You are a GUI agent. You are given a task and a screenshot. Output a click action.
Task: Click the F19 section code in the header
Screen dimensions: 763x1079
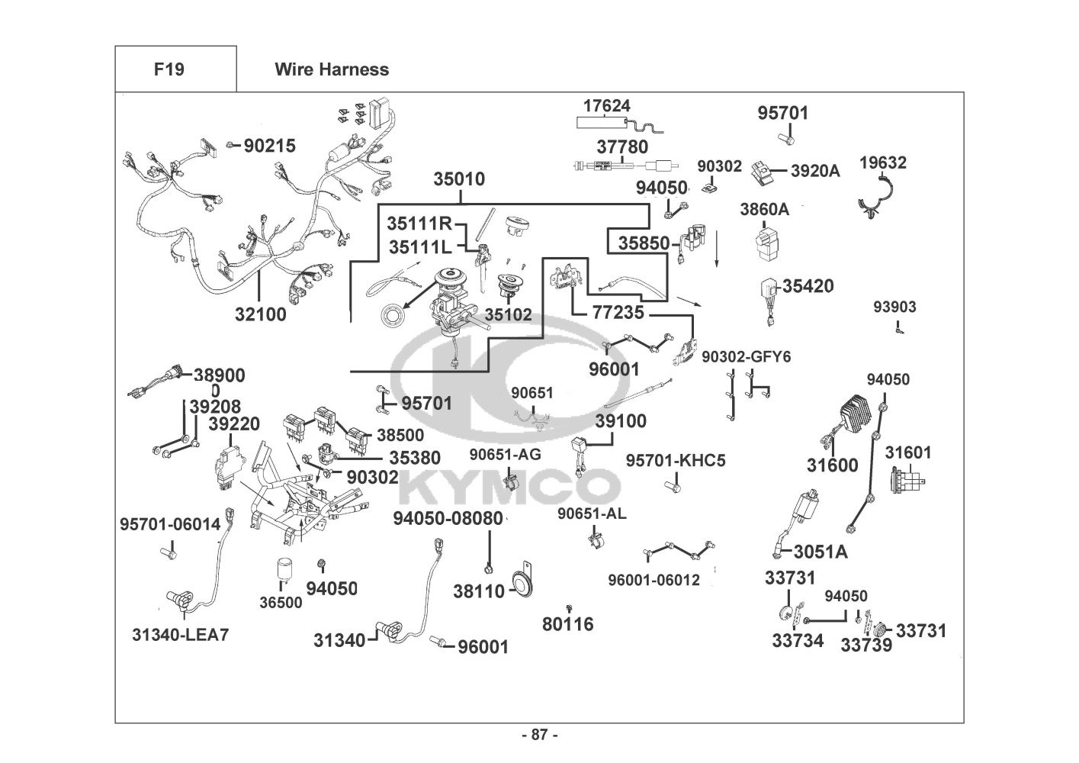tap(169, 69)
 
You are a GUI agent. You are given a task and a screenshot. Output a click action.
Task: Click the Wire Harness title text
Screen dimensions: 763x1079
tap(332, 69)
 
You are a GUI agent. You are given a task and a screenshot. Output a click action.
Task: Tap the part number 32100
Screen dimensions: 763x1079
tap(261, 314)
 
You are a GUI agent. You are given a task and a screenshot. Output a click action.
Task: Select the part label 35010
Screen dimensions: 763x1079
tap(459, 179)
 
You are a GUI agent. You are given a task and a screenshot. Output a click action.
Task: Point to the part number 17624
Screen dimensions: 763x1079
tap(607, 105)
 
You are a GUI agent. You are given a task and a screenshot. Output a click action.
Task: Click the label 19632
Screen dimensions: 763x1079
tap(883, 163)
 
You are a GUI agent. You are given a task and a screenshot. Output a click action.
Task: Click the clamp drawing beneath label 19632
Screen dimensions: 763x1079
tap(881, 199)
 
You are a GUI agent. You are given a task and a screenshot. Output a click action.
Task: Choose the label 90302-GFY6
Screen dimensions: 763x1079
tap(747, 356)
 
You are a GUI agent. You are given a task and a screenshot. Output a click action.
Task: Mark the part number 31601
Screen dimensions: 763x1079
tap(908, 452)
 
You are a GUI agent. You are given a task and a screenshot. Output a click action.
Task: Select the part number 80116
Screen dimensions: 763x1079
tap(568, 624)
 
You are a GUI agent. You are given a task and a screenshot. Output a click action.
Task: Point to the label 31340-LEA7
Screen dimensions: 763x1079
tap(180, 634)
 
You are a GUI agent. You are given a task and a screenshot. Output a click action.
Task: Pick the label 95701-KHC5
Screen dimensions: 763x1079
tap(676, 460)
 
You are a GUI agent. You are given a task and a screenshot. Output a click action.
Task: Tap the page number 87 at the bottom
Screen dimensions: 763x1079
tap(539, 735)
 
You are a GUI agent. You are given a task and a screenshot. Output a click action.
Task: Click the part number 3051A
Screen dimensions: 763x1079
tap(820, 551)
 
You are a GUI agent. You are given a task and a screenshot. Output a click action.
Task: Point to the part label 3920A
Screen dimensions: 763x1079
tap(814, 171)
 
